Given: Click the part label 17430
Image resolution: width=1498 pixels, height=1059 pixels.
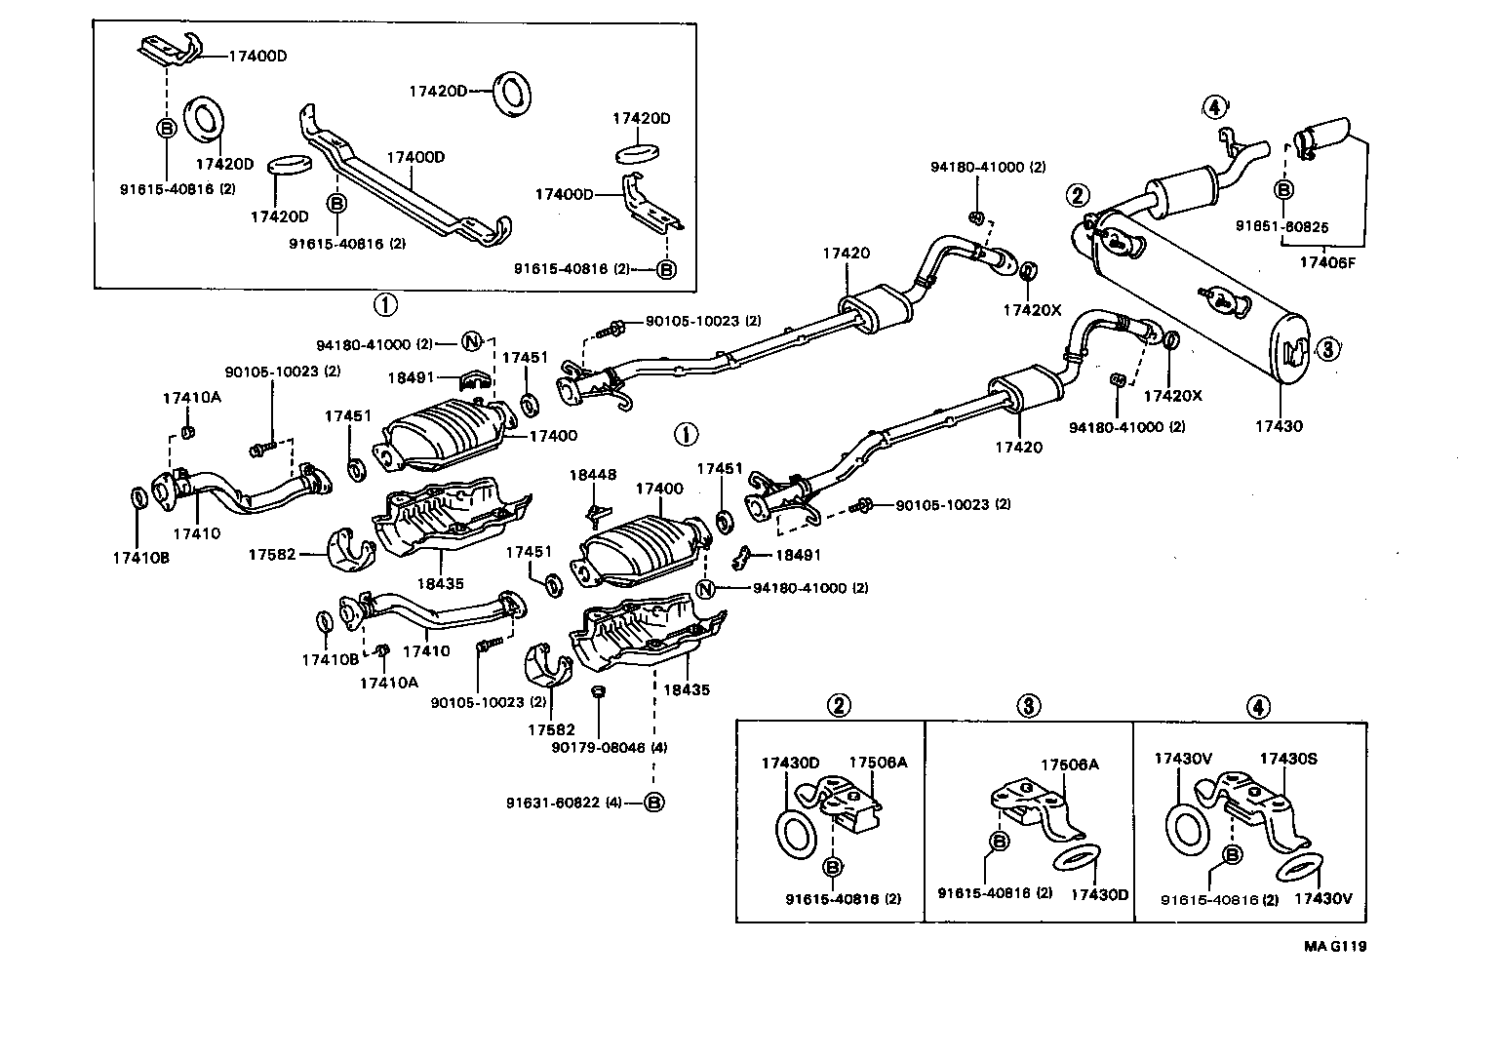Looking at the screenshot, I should point(1279,426).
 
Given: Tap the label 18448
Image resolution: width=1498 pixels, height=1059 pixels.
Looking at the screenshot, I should point(593,475).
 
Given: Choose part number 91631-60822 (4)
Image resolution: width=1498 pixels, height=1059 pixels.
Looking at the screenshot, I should point(564,803).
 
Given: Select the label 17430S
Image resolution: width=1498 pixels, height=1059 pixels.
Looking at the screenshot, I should point(1289,758).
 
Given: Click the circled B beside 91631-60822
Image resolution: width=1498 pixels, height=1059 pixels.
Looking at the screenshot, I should point(653,803).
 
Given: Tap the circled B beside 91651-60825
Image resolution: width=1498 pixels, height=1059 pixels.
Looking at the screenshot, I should point(1283,190).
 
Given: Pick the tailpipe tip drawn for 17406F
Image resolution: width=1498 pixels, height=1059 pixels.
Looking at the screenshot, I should point(1326,135).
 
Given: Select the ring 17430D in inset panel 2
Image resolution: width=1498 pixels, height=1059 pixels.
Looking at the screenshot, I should point(797,829).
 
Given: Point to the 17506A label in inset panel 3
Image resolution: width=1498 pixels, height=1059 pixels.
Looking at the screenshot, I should point(1069,765).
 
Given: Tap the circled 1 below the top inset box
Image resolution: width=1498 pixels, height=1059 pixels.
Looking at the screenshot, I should point(385,305).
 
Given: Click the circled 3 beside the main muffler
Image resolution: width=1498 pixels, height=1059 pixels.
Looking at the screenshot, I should point(1327,349).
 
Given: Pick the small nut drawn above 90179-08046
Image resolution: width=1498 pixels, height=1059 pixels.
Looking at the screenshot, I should point(599,691).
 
